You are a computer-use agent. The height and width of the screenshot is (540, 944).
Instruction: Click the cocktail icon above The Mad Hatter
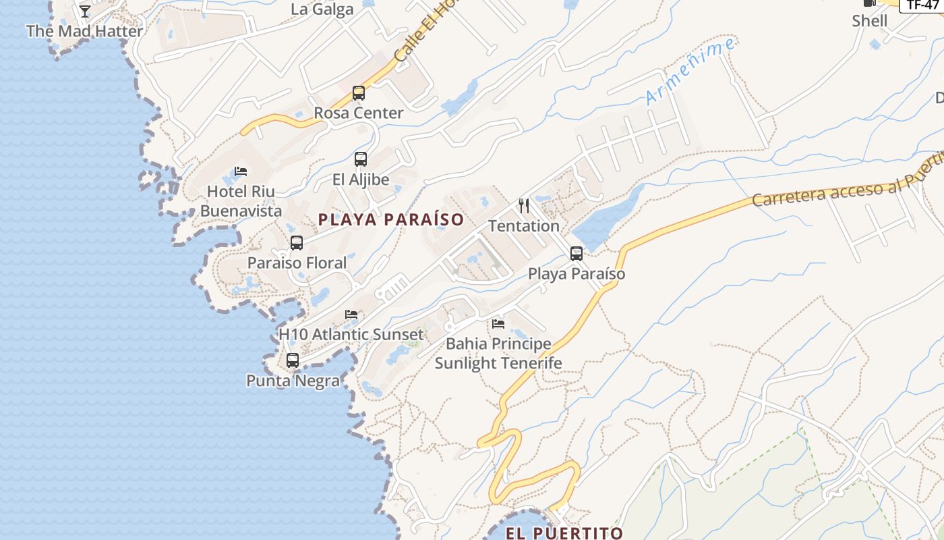click(85, 11)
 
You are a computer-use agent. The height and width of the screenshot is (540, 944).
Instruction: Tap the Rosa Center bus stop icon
click(359, 93)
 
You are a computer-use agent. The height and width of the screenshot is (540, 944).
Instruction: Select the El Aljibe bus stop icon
click(361, 159)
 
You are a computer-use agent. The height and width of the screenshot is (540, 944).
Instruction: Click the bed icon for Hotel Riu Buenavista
click(241, 171)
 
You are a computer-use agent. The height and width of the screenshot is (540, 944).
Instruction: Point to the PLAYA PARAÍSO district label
click(391, 219)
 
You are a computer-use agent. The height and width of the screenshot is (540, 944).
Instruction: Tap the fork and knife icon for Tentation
click(524, 206)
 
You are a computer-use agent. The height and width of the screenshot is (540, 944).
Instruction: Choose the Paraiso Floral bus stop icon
click(297, 243)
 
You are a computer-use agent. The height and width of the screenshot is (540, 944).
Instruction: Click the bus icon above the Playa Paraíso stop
click(577, 254)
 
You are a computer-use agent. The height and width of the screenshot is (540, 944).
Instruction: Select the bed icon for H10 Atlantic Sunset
click(351, 315)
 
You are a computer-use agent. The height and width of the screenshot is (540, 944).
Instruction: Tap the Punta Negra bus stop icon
click(293, 360)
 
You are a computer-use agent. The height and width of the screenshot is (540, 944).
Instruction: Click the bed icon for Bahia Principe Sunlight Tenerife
click(498, 324)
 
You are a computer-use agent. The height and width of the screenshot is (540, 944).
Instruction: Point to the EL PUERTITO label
click(564, 533)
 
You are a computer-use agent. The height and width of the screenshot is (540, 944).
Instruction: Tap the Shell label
click(870, 21)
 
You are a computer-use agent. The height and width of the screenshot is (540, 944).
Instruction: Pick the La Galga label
click(322, 9)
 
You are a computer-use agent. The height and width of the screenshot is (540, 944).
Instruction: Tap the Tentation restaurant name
click(524, 226)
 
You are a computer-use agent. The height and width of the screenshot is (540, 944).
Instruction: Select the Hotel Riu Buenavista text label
click(241, 201)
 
